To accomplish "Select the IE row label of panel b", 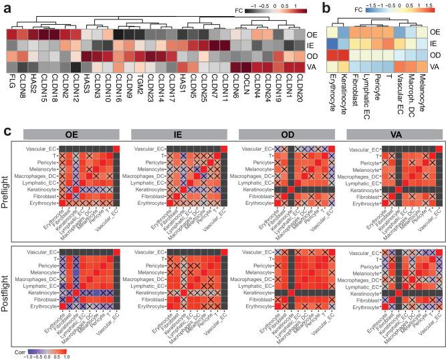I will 435,43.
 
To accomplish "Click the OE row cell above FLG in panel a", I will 11,32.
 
